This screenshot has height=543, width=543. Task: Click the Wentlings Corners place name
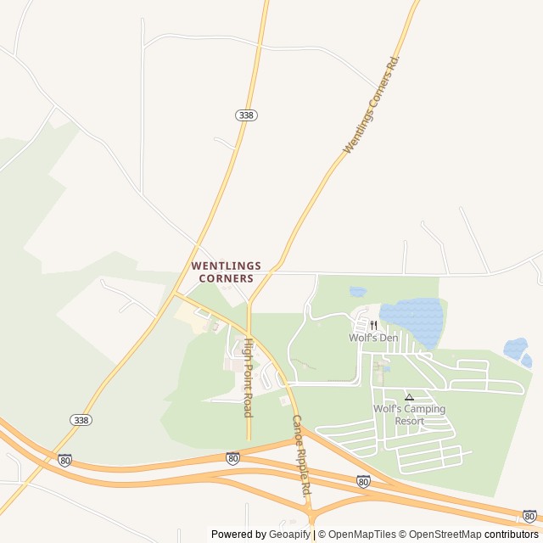[226, 271]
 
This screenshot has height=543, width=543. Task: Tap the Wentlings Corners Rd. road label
[372, 104]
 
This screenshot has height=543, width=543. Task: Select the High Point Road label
[248, 378]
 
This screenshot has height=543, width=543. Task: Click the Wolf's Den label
[373, 338]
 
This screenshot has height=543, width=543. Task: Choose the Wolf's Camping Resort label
[409, 415]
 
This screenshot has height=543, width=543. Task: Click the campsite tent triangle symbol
[409, 396]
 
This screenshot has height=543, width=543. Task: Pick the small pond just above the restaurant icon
[358, 292]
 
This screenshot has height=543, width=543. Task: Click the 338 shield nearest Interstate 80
[81, 420]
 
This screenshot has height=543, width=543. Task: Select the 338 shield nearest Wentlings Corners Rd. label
[246, 115]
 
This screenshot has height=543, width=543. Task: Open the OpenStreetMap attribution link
[441, 535]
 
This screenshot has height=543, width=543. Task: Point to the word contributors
[512, 535]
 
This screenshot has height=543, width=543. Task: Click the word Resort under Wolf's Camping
[409, 421]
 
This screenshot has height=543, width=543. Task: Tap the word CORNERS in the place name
[226, 278]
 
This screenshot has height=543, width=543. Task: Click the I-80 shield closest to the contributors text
[529, 516]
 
